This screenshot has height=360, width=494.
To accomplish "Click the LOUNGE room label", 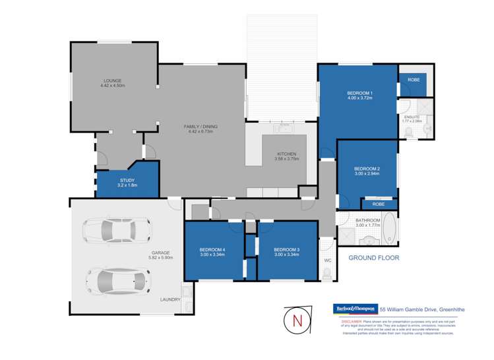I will click(113, 80).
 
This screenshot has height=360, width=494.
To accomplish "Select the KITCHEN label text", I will click(287, 154).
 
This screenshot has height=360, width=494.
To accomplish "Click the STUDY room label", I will click(127, 180).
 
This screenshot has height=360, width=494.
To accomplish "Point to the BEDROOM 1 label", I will click(360, 93).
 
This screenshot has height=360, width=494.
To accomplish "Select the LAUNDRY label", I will click(170, 300).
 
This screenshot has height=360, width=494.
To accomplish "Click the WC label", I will click(326, 260).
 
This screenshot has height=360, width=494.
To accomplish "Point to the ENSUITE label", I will click(411, 117).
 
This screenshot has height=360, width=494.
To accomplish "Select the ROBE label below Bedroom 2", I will click(378, 204).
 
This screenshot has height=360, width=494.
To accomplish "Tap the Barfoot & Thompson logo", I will click(354, 309).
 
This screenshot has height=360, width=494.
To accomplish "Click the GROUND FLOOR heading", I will click(374, 258).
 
